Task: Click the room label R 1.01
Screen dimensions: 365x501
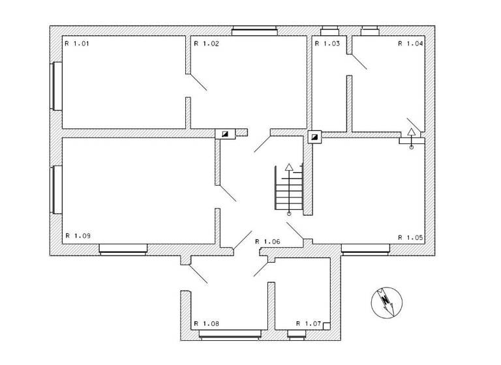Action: tap(76, 44)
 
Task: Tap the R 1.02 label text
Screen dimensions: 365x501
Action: tap(205, 44)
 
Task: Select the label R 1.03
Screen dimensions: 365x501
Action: tap(327, 44)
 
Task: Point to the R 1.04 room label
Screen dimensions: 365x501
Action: tap(411, 44)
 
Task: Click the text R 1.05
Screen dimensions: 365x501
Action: tap(411, 237)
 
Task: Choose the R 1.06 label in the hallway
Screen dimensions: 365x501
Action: tap(267, 241)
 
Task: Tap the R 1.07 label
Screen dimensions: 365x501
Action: tap(309, 323)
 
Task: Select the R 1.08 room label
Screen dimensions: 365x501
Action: tap(206, 323)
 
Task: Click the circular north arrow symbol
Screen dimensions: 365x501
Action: tap(386, 302)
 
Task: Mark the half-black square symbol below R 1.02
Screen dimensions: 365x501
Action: tap(226, 134)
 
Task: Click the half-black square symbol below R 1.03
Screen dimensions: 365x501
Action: tap(314, 138)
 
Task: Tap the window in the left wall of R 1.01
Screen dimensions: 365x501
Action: tap(57, 86)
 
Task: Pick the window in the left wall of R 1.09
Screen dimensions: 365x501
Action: tap(57, 190)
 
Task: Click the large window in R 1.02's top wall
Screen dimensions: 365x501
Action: tap(254, 30)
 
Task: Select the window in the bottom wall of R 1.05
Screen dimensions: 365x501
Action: tap(366, 248)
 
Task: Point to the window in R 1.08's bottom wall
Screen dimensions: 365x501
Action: tap(228, 335)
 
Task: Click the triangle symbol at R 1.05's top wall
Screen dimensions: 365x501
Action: tap(411, 132)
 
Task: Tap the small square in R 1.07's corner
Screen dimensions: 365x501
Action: tap(327, 326)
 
